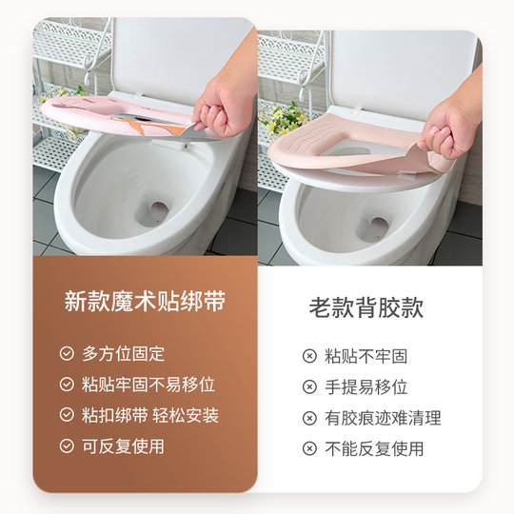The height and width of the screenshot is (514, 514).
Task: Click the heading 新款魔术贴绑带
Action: tap(145, 303)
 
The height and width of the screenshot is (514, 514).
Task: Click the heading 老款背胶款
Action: tap(366, 307)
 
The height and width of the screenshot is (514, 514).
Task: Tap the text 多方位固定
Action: tap(123, 354)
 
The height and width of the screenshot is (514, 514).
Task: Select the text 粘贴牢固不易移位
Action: tap(148, 385)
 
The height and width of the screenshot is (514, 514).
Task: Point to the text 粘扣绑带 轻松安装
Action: tap(150, 415)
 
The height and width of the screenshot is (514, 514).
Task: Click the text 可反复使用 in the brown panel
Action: tap(123, 445)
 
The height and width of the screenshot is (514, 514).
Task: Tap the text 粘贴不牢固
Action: tap(366, 357)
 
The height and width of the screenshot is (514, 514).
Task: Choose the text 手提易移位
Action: tap(366, 387)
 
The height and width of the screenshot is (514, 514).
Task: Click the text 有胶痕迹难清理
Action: tap(383, 418)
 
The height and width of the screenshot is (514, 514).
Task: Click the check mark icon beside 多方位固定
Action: tap(67, 354)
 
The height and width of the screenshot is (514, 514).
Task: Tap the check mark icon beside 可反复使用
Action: tap(67, 445)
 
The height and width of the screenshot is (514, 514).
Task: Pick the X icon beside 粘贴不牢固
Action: tap(309, 357)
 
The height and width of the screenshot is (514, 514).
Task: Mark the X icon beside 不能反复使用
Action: tap(309, 448)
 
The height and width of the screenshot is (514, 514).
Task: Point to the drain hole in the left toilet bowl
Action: tap(153, 212)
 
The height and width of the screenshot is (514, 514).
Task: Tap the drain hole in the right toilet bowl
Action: tap(377, 227)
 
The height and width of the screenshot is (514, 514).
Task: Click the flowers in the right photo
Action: tap(283, 119)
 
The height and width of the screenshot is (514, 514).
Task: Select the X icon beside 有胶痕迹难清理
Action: tap(309, 418)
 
